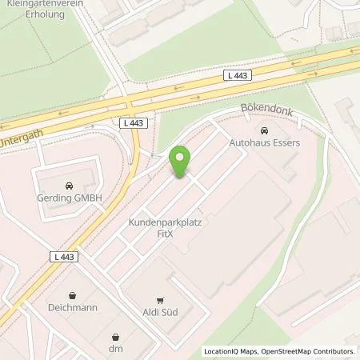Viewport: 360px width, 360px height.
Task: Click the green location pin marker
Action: (182, 162)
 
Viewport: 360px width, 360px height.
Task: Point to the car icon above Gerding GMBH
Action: (69, 183)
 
